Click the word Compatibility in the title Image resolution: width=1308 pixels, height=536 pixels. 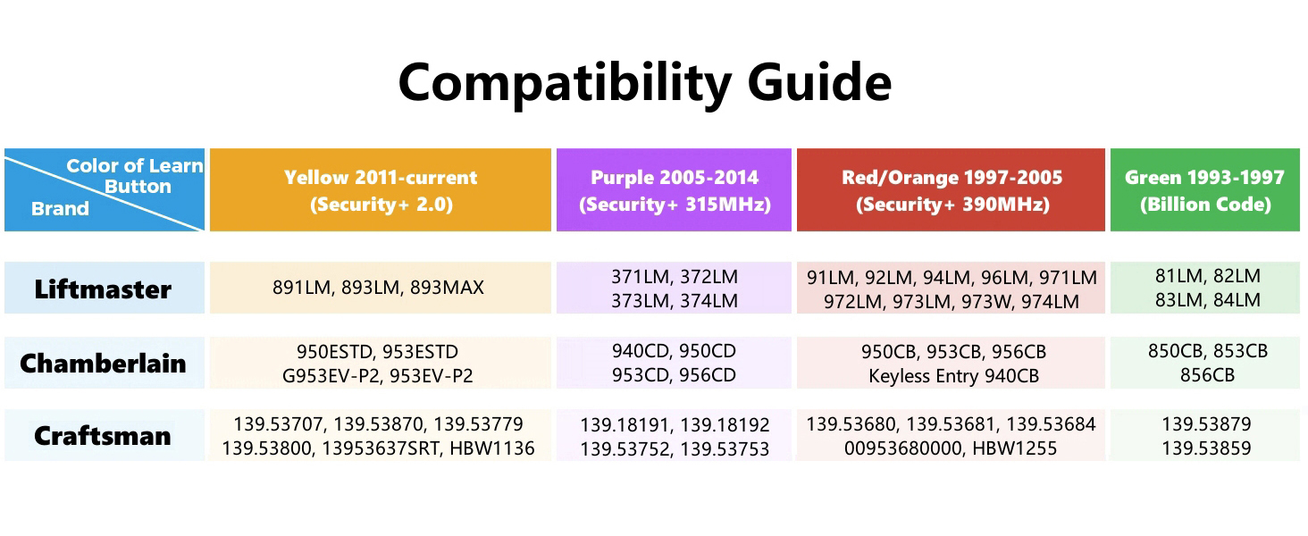coord(564,82)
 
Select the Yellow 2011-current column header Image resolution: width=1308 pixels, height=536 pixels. coord(381,190)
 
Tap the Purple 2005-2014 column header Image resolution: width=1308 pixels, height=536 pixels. coord(674,190)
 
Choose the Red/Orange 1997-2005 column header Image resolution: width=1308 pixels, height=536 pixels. coord(952,190)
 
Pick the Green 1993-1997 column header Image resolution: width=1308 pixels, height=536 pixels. coord(1204,190)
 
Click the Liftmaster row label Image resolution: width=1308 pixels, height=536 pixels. coord(103,289)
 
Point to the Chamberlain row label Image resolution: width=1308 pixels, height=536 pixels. coord(103,364)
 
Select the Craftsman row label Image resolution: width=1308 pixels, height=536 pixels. coord(103,436)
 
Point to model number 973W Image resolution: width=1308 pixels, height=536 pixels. coord(989,302)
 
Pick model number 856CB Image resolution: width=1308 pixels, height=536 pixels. coord(1206,375)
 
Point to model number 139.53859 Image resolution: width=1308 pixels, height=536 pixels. coord(1206,448)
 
